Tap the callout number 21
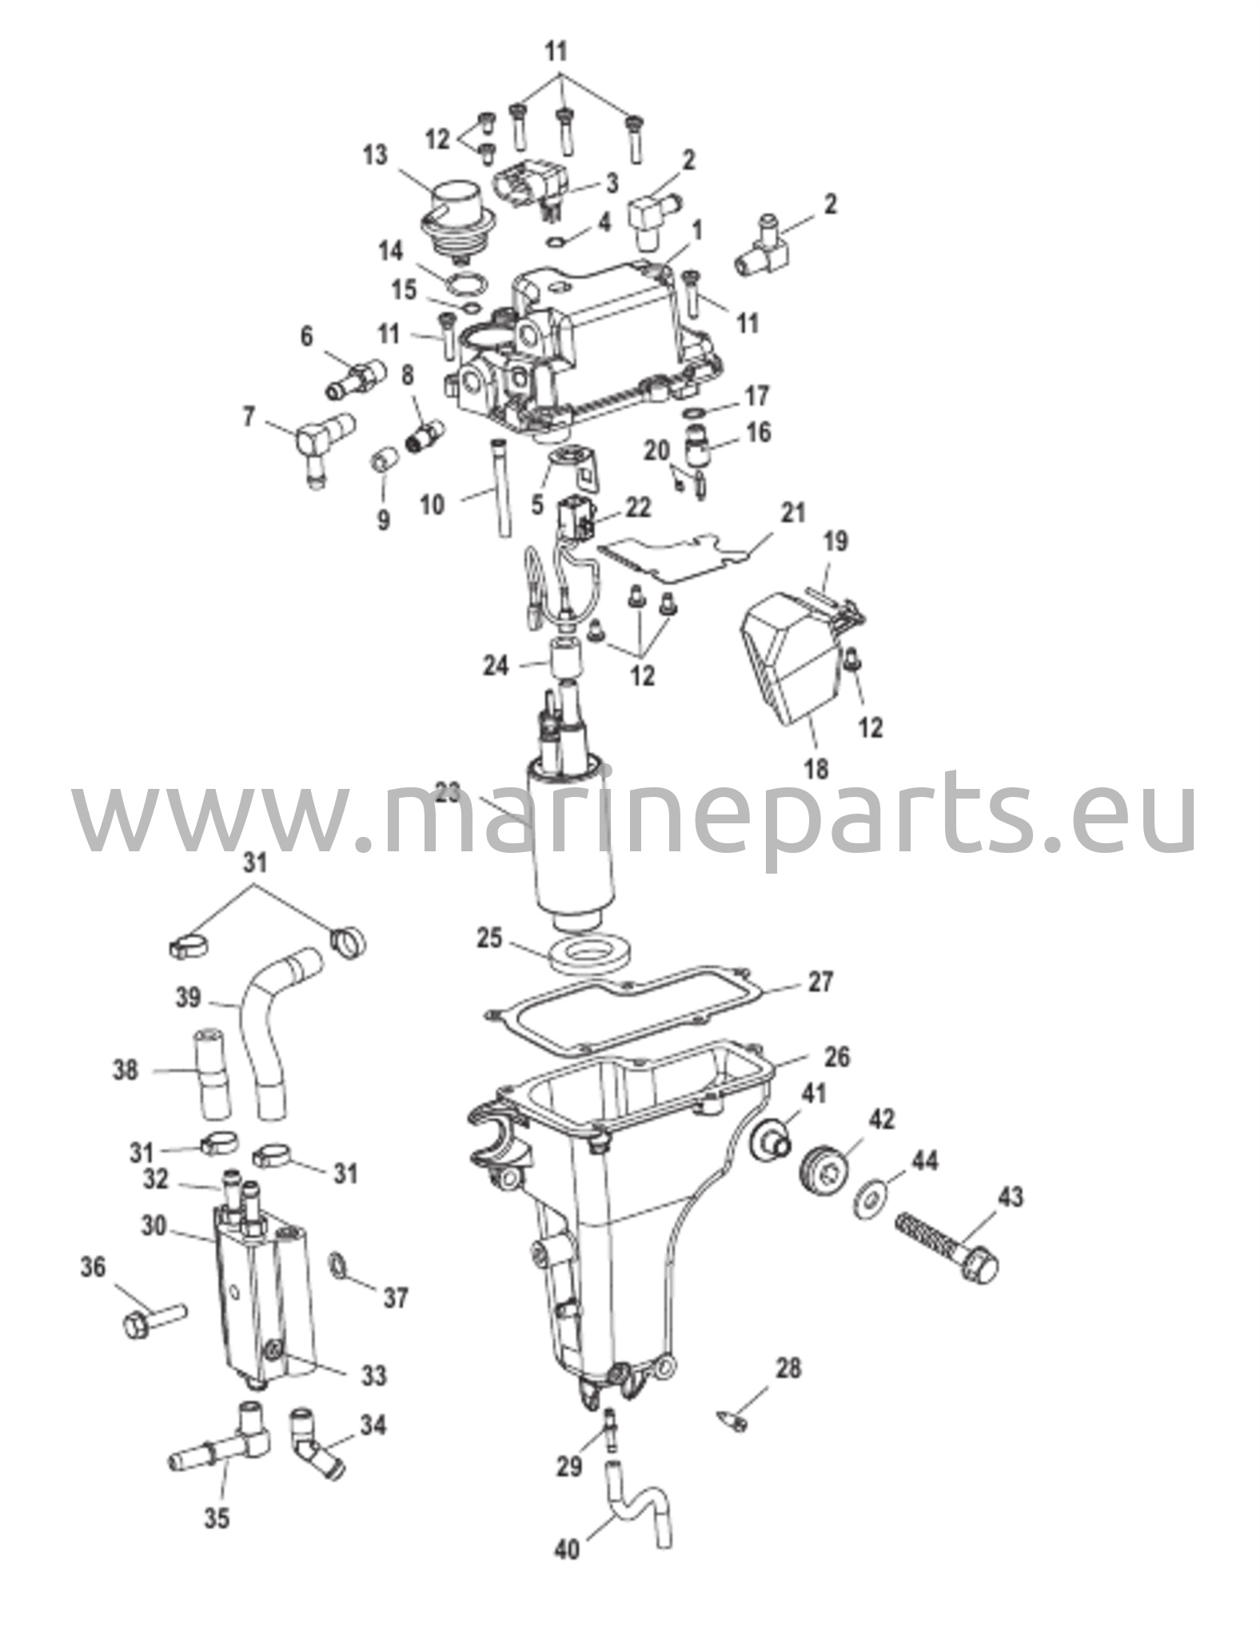click(794, 512)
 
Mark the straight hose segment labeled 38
click(209, 1072)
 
